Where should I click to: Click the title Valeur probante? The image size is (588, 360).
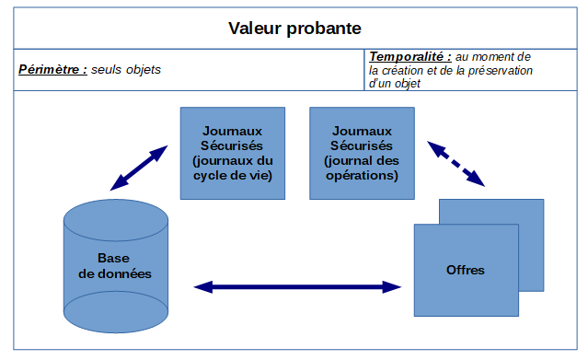(294, 29)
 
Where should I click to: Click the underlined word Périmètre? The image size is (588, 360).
(52, 69)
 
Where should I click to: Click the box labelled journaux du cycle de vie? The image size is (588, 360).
(232, 153)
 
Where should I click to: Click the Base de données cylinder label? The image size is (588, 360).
(115, 266)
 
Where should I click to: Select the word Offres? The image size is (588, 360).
(465, 270)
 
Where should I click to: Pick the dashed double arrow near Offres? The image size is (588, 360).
(455, 163)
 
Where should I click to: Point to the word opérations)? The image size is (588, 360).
(363, 175)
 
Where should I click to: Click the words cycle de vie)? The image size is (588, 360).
(232, 175)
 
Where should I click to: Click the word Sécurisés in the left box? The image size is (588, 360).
(232, 145)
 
